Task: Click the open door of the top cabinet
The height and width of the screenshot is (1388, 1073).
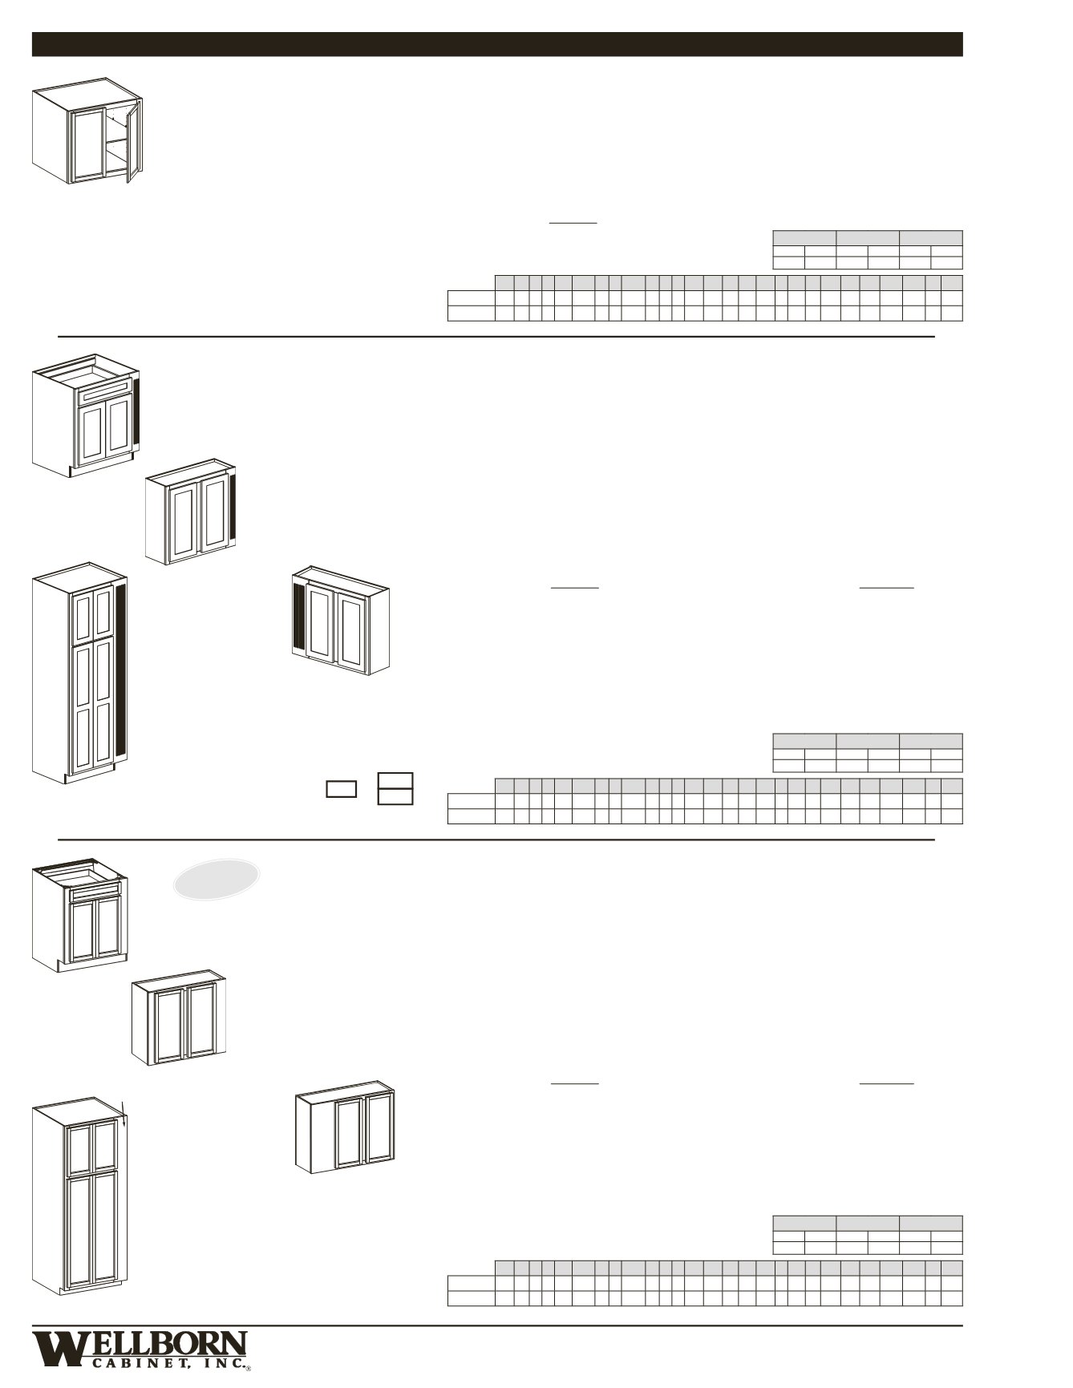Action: (133, 141)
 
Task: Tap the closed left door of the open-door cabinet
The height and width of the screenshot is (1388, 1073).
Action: (87, 143)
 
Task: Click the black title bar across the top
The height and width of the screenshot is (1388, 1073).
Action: (497, 44)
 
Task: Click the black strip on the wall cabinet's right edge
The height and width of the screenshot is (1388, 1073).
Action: (233, 507)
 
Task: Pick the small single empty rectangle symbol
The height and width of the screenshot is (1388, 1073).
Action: (341, 789)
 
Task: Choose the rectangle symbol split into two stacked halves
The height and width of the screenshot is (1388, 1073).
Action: (395, 789)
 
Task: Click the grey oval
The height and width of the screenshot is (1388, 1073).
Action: (217, 879)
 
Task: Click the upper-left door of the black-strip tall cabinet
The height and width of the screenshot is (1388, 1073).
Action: (83, 617)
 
